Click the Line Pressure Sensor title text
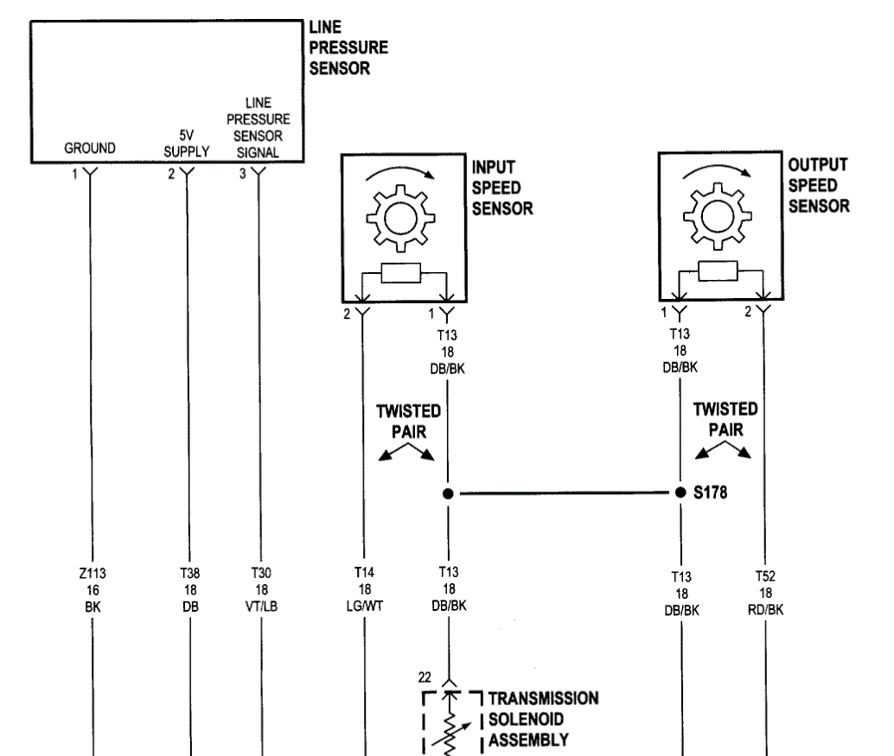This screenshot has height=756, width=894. coord(348,48)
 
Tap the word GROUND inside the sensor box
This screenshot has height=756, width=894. coord(89,149)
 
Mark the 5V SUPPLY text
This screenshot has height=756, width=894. coord(187,143)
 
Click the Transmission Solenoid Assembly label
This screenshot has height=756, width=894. coord(543,719)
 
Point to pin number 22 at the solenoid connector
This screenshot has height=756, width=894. coord(425,677)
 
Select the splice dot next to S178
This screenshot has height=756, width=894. coord(680,495)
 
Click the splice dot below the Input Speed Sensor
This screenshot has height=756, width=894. coord(448,495)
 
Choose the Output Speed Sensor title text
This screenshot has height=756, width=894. coord(818,185)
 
